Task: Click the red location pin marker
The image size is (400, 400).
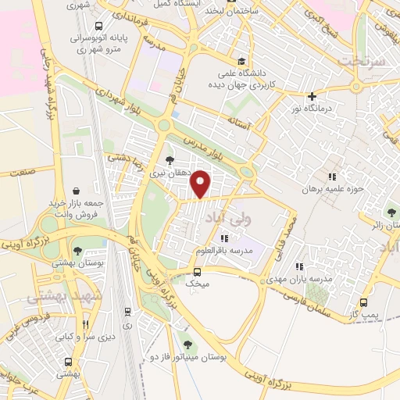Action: pos(201,184)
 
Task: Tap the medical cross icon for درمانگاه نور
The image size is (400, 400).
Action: pos(312,96)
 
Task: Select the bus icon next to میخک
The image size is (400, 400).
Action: pos(198,273)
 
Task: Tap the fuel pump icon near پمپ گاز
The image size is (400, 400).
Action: pos(363,302)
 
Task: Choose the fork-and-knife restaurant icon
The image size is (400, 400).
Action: pos(85,323)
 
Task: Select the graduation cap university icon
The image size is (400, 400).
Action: pos(241,62)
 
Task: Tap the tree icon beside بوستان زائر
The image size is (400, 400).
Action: pos(391,212)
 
